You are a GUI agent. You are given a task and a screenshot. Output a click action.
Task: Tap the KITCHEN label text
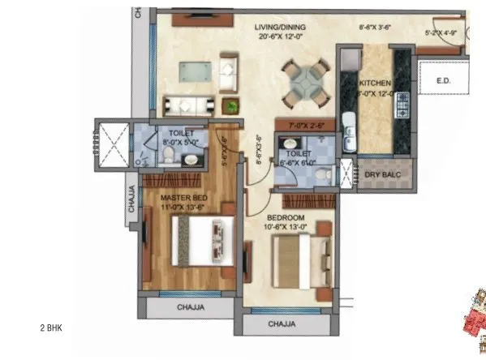coord(376,83)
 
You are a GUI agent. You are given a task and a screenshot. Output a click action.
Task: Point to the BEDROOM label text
coord(286,218)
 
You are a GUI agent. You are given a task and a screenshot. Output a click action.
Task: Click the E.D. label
coord(443,81)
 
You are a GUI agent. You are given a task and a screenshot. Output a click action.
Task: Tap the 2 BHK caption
coord(50,328)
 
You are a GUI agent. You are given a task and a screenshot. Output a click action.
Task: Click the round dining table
coord(306,80)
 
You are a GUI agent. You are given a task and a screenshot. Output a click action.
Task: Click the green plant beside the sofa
coord(232,105)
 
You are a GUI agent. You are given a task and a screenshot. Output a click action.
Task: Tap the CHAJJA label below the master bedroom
coord(191,307)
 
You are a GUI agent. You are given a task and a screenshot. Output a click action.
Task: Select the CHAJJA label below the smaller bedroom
coord(283,324)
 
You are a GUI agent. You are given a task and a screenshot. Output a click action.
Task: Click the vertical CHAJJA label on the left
coord(131,199)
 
